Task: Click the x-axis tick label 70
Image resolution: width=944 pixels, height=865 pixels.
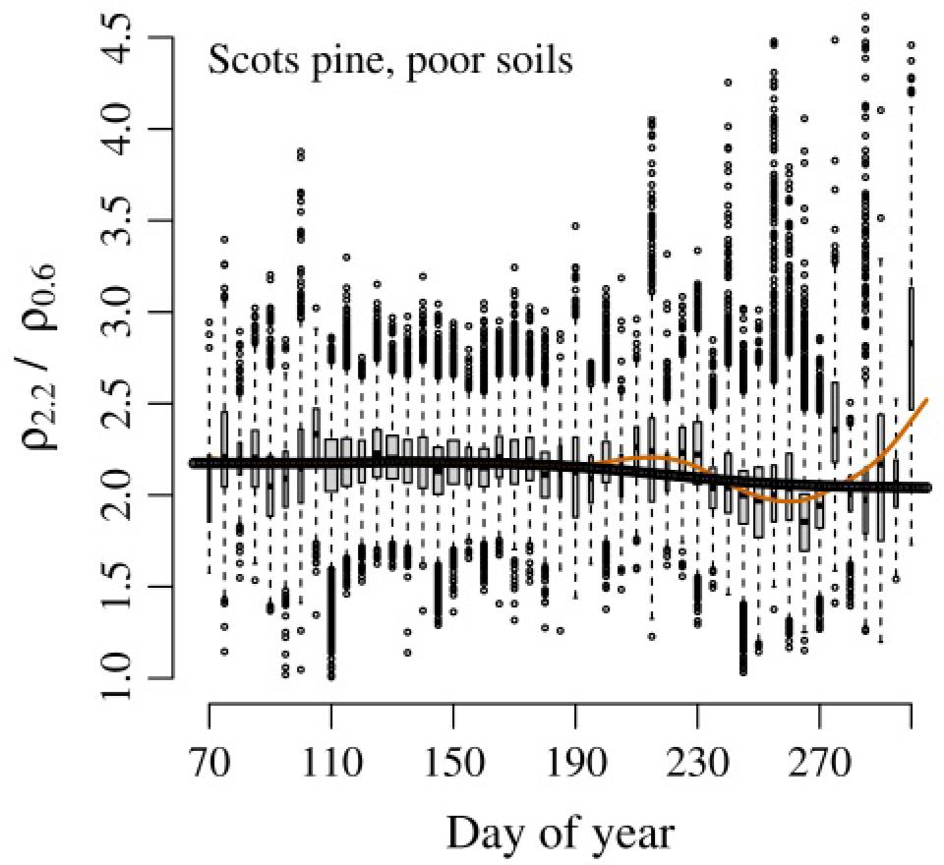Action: pos(209,760)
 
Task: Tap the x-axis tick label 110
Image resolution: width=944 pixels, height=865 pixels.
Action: pos(331,760)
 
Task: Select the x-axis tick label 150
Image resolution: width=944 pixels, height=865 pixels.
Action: pos(453,760)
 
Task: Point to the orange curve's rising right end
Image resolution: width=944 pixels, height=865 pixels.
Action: pos(924,402)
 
